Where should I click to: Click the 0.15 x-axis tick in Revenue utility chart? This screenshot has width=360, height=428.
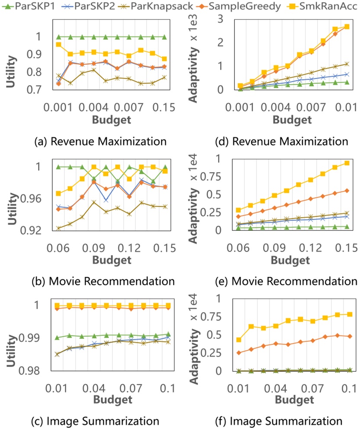click(x=164, y=106)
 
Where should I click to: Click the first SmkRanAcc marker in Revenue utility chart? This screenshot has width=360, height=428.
click(x=59, y=45)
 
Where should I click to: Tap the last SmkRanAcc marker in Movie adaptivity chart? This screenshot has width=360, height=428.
click(x=346, y=163)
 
